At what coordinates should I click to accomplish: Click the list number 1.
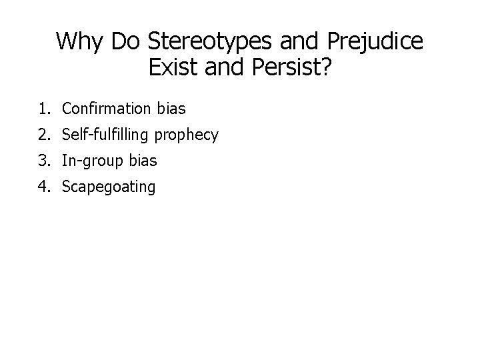tap(44, 108)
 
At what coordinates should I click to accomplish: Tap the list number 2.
tap(44, 135)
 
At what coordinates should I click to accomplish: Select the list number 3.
tap(44, 161)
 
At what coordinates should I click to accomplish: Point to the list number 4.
tap(44, 187)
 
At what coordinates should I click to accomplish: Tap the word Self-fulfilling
tap(105, 135)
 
